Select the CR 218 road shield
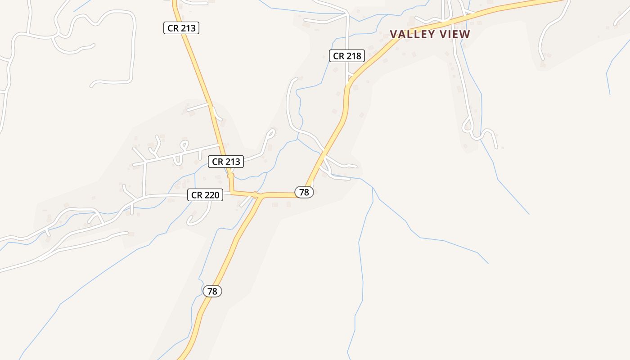point(346,56)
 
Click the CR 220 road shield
point(205,195)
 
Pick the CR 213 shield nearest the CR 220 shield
point(226,162)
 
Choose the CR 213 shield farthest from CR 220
point(181,28)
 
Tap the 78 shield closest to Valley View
point(304,192)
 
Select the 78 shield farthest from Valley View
point(212,291)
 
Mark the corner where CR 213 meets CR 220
point(231,193)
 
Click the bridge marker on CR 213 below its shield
point(230,175)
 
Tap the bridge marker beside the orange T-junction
point(255,195)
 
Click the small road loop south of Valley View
point(468,123)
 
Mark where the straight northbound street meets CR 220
point(144,197)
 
